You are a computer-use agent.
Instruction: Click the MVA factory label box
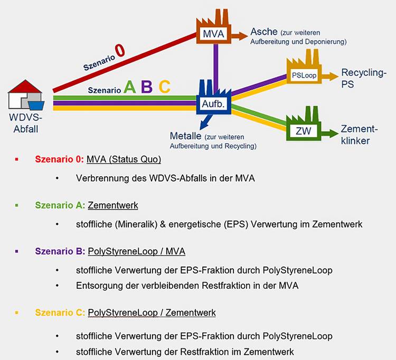point(214,34)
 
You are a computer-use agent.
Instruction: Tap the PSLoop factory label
point(304,75)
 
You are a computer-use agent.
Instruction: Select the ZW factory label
point(303,131)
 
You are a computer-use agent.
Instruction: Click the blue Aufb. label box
point(213,104)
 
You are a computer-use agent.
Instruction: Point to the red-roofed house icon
point(26,94)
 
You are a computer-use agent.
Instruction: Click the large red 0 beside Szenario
point(120,50)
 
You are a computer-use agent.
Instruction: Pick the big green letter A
point(129,87)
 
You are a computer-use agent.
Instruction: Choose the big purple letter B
point(147,87)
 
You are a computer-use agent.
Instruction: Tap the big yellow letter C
point(165,87)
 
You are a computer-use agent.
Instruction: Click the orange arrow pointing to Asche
point(239,36)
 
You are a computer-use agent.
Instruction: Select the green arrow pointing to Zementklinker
point(329,133)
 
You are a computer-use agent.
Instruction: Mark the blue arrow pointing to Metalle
point(205,122)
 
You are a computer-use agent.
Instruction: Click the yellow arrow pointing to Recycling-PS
point(330,76)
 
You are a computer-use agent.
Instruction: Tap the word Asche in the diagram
point(264,32)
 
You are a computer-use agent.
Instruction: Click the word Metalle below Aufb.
point(185,136)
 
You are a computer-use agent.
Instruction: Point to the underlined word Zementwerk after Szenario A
point(113,205)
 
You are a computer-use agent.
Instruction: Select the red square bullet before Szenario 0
point(17,159)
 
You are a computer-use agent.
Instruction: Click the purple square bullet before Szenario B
point(17,251)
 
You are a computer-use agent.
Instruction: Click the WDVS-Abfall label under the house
point(25,123)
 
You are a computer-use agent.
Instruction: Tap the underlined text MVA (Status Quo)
point(124,159)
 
